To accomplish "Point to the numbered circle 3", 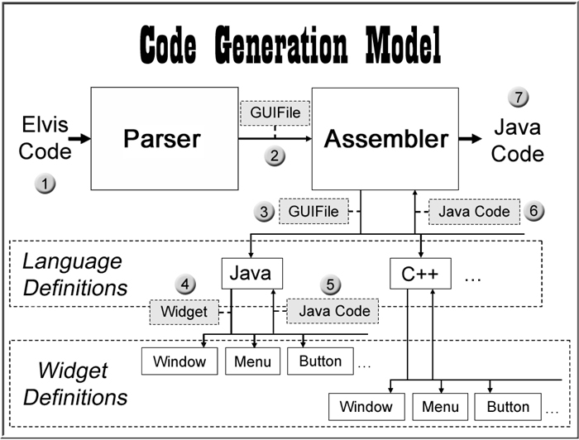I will coord(266,212).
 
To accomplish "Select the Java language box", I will coord(252,272).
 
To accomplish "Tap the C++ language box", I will coord(421,273).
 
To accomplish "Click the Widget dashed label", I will coord(184,312).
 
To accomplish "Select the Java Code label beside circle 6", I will coord(475,212).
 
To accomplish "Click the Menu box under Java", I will coord(252,361).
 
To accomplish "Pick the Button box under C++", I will coord(508,407).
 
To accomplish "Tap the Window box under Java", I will coord(179,361).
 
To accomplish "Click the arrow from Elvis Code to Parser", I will coord(79,139).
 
